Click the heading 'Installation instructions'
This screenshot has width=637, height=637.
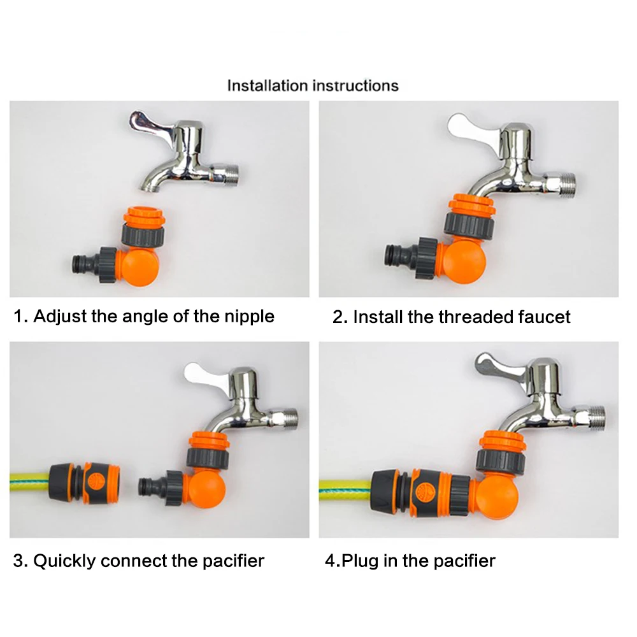pos(312,86)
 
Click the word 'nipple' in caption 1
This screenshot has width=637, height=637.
pos(250,317)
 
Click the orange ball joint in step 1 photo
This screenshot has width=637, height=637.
pos(140,267)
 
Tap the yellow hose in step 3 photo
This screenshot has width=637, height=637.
pos(29,483)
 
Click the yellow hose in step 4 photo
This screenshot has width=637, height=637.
pos(345,490)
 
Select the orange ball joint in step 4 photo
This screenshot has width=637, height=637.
pos(496,497)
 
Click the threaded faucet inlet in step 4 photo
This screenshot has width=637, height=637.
pos(592,419)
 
